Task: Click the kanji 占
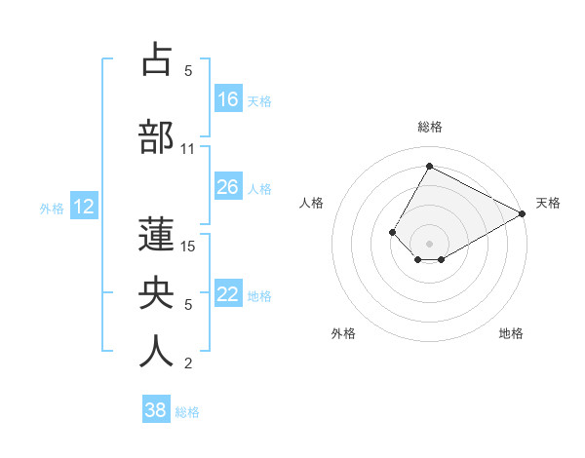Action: pos(156,59)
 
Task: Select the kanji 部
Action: pos(156,137)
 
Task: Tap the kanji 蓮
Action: pos(156,234)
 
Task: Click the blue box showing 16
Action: pos(228,99)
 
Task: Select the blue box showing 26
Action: pos(228,187)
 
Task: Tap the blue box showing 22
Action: pos(228,295)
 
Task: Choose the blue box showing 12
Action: pos(84,207)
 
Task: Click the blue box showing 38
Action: pos(155,410)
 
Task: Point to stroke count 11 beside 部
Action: pos(188,149)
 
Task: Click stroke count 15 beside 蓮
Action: pos(188,246)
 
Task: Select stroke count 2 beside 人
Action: pos(188,363)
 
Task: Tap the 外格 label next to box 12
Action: pos(52,208)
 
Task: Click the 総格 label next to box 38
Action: pos(187,411)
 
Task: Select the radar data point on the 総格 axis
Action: pos(429,166)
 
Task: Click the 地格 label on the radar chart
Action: pos(511,333)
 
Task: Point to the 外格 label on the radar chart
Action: pos(343,333)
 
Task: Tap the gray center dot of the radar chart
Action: pos(429,243)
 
